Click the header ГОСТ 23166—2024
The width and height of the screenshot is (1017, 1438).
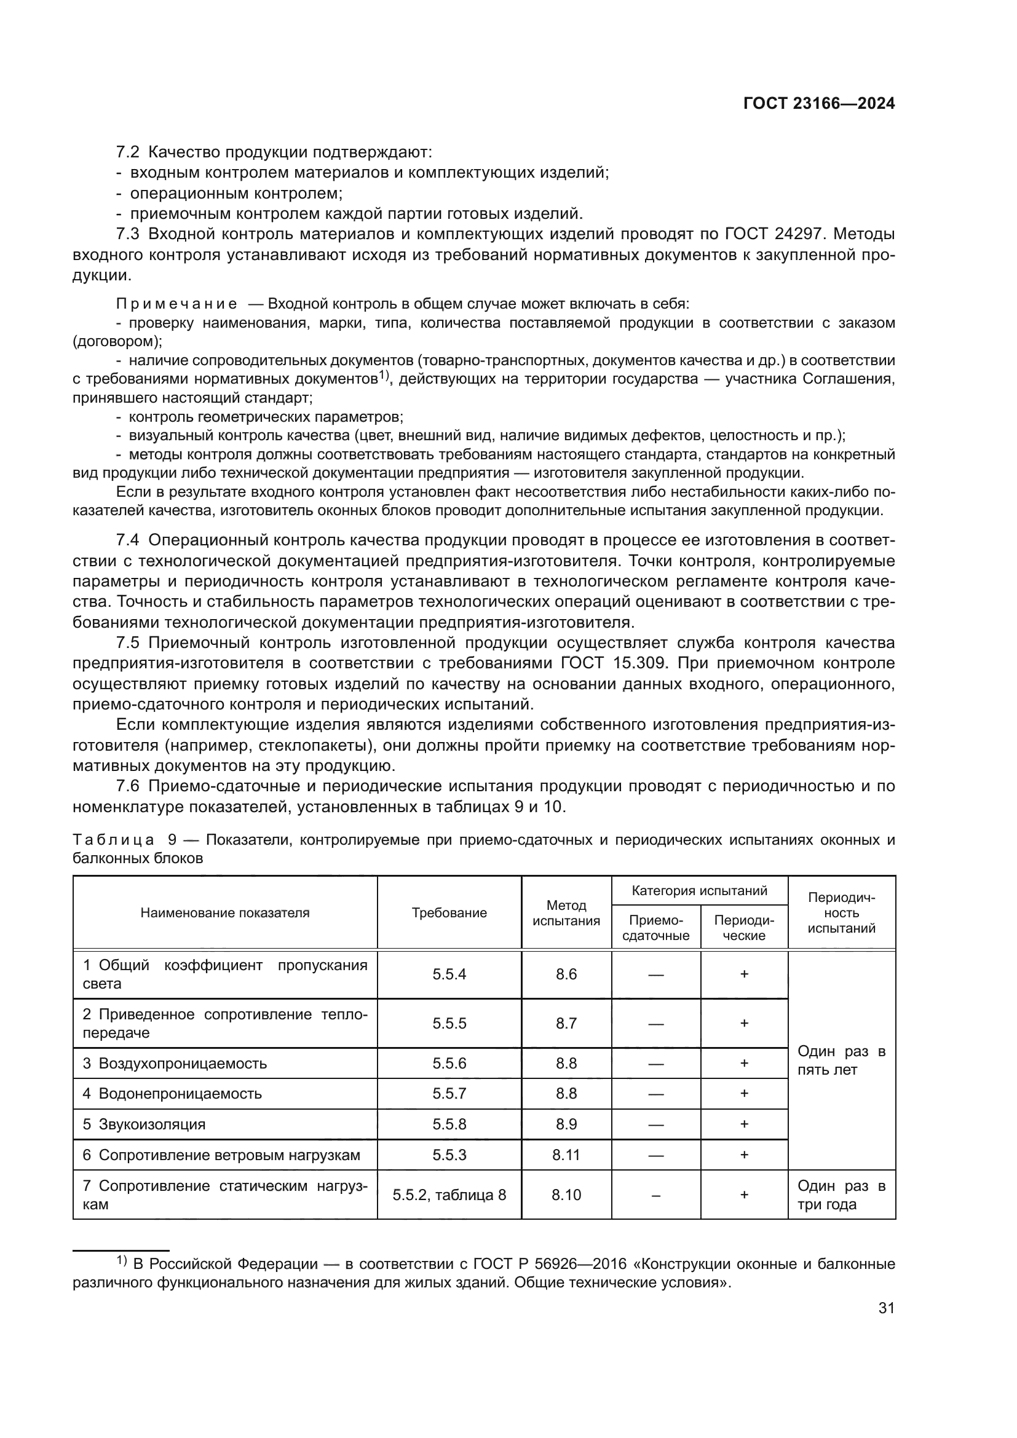tap(818, 104)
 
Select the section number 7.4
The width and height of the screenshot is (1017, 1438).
tap(128, 540)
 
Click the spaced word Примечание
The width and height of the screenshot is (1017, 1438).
tap(176, 304)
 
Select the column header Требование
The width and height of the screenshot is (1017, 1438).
tap(449, 912)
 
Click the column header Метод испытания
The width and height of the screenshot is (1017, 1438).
tap(566, 912)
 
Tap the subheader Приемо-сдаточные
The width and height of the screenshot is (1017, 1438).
tap(655, 928)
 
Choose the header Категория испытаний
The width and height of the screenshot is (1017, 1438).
tap(700, 891)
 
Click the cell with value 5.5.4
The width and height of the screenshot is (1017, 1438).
tap(449, 974)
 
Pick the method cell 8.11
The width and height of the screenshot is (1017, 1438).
tap(566, 1155)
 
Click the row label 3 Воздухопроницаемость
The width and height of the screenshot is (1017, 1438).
tap(175, 1063)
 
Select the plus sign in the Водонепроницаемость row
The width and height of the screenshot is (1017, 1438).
tap(744, 1094)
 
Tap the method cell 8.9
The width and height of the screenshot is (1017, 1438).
tap(566, 1124)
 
